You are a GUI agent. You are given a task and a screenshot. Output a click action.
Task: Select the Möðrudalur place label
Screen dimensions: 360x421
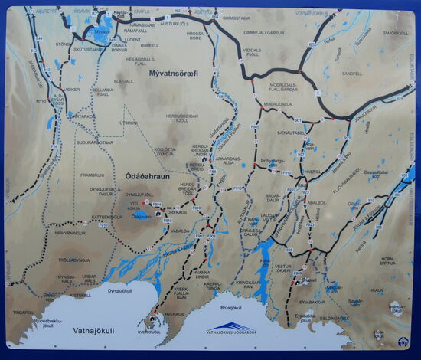277,104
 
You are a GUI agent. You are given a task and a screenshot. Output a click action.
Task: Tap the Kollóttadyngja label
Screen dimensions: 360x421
165,152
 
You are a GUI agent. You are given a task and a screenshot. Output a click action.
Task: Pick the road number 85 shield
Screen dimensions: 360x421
312,46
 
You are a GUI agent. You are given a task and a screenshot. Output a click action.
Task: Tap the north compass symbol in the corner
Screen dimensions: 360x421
404,342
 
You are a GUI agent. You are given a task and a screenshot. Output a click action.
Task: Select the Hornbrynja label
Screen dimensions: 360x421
386,261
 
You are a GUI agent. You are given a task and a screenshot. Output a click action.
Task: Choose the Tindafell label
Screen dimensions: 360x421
24,312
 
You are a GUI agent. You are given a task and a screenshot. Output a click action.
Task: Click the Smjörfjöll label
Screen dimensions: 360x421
396,33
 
